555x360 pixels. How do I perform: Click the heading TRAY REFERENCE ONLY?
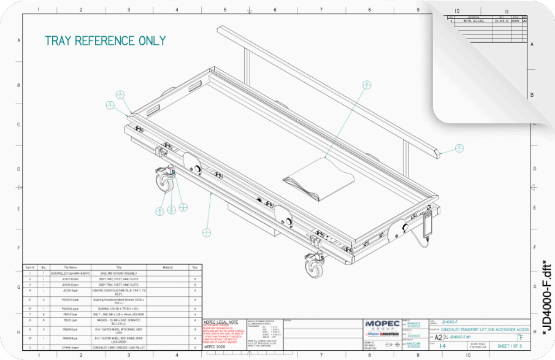[x=105, y=41]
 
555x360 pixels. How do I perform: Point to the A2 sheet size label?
[x=438, y=337]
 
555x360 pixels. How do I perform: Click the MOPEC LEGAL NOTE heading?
[x=221, y=322]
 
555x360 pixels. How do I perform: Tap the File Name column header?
[x=69, y=267]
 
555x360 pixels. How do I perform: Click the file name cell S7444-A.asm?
[x=69, y=348]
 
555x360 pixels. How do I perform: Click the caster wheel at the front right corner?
[x=313, y=264]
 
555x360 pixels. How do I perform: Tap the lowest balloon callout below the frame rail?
[x=207, y=232]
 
